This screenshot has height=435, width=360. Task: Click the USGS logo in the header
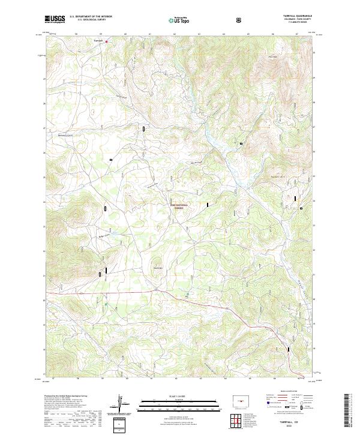pyautogui.click(x=55, y=19)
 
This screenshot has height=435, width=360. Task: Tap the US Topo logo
pyautogui.click(x=179, y=20)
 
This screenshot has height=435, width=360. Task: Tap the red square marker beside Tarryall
pyautogui.click(x=107, y=41)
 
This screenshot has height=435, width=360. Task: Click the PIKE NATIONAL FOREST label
pyautogui.click(x=178, y=206)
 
